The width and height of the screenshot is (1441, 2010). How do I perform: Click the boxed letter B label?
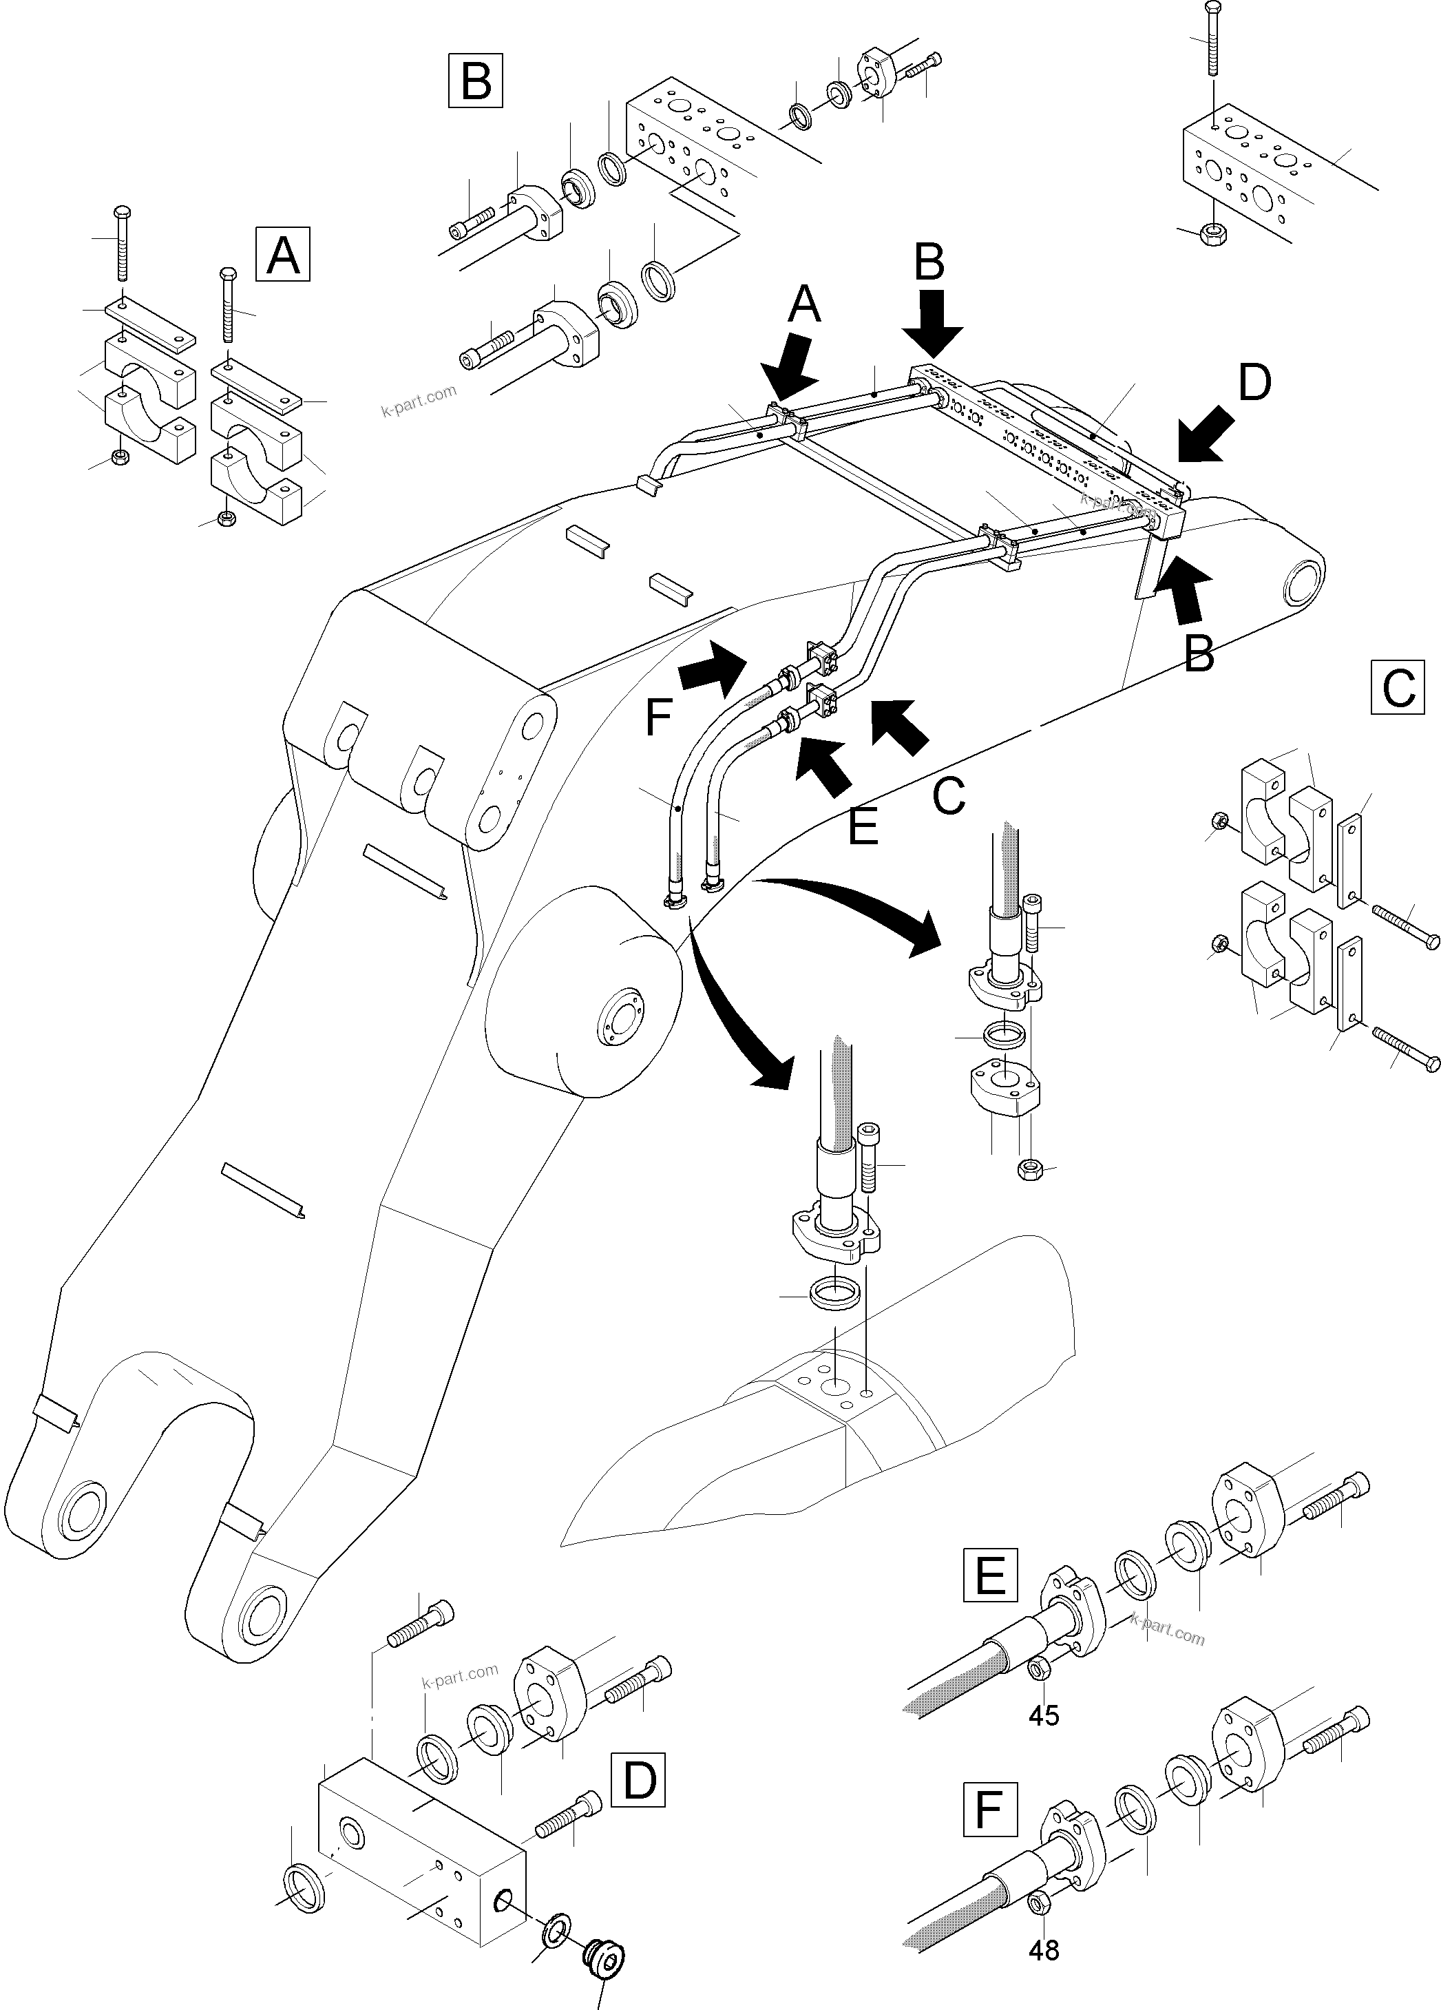pyautogui.click(x=476, y=81)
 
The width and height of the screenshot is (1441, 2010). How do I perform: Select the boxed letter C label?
pyautogui.click(x=1398, y=687)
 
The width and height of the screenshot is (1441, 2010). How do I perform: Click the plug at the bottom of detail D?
pyautogui.click(x=605, y=1952)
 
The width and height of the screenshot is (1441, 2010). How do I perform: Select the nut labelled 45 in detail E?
pyautogui.click(x=1039, y=1668)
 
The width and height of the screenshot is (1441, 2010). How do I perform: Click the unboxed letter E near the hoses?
pyautogui.click(x=862, y=827)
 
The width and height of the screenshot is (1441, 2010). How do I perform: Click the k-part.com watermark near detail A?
pyautogui.click(x=419, y=401)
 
